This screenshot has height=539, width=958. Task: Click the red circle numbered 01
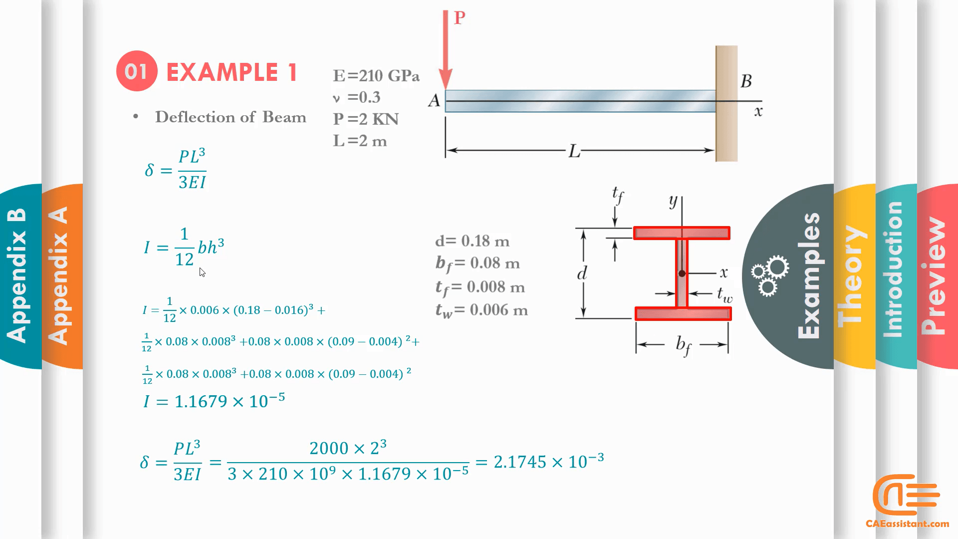(137, 71)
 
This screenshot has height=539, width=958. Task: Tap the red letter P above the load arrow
(460, 18)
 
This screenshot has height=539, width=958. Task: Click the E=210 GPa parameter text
(376, 76)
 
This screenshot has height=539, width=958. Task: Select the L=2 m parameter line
(360, 141)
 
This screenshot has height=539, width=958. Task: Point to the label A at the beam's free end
(434, 101)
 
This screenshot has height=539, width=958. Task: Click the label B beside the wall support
(746, 81)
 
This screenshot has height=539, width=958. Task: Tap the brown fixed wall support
(726, 103)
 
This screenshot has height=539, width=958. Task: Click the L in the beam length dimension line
(574, 151)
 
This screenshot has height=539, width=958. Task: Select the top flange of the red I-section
(682, 233)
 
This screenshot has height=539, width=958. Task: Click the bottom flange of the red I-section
(683, 313)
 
